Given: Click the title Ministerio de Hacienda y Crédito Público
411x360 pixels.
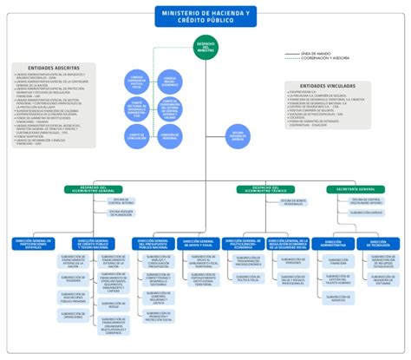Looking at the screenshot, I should (x=205, y=16).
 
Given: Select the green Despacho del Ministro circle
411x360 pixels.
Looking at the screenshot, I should (x=205, y=50).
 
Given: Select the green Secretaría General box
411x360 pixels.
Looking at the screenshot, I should (x=356, y=187).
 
